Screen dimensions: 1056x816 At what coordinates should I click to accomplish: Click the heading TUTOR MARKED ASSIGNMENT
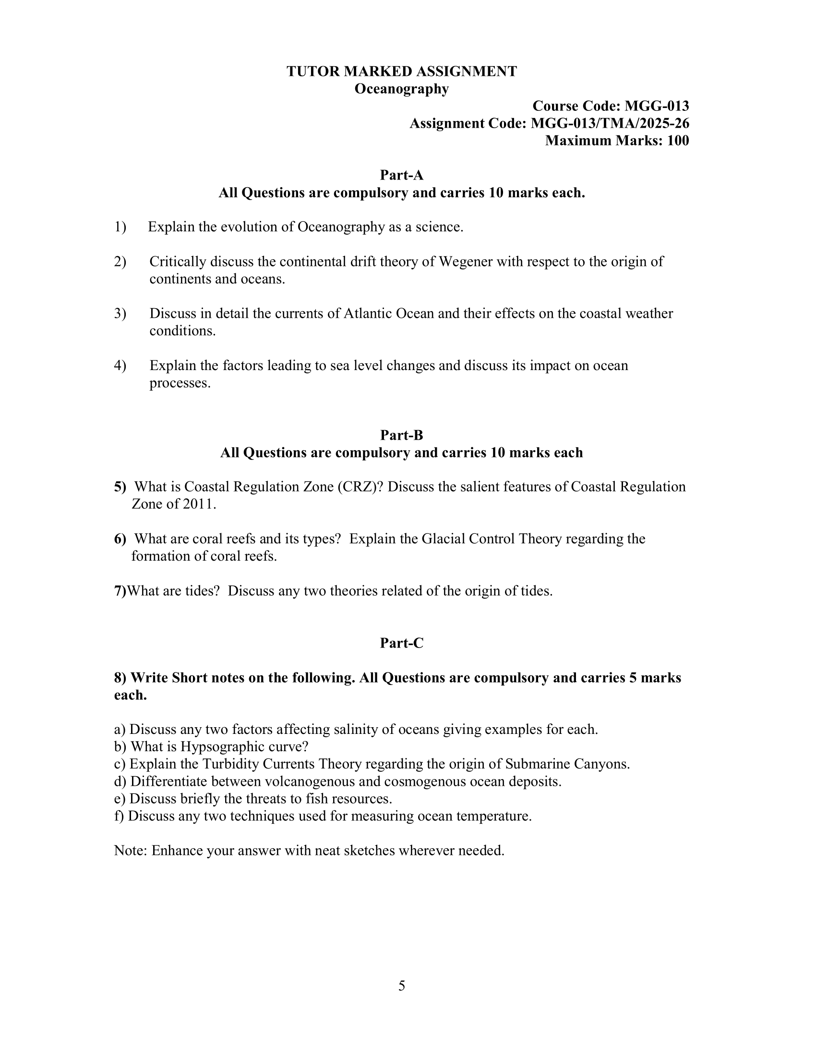tap(401, 72)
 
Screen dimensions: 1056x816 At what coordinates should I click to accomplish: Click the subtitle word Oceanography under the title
tap(401, 89)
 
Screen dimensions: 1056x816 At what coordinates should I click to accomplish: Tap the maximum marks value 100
tap(678, 141)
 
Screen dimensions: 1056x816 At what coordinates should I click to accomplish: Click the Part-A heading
tap(401, 175)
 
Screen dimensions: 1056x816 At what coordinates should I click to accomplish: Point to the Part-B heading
tap(401, 435)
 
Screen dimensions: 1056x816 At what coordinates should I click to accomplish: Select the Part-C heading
tap(401, 643)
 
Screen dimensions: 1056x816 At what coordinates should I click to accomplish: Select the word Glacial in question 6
tap(444, 539)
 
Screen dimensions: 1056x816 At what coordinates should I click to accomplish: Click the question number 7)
tap(120, 591)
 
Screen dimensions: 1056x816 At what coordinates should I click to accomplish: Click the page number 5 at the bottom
tap(401, 986)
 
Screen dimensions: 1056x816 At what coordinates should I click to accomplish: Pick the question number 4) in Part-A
tap(120, 366)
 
